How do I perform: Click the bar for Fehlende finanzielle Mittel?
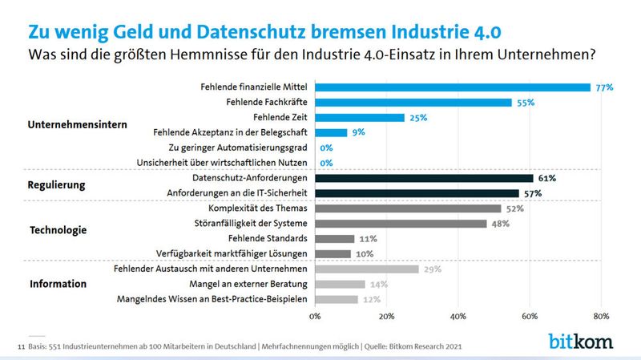[x=453, y=87]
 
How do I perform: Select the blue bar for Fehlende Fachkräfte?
[x=413, y=103]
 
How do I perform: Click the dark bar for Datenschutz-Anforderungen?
[x=424, y=178]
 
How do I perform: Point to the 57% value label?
[x=533, y=193]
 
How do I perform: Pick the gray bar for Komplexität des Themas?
[x=408, y=208]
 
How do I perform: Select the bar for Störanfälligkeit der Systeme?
[x=401, y=224]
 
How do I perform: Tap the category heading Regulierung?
[x=56, y=186]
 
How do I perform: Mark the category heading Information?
[x=58, y=284]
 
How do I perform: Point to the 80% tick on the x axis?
[x=601, y=316]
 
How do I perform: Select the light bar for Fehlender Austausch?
[x=367, y=269]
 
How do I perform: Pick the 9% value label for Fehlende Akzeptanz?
[x=360, y=133]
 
